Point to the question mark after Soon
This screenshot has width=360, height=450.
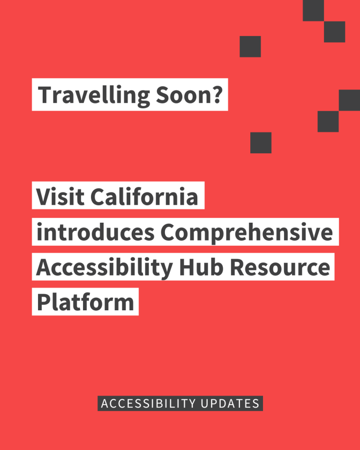click(x=216, y=95)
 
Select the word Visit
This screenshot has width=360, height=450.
click(x=60, y=196)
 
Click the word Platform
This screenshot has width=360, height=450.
click(x=85, y=302)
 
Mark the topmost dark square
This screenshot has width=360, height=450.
click(x=313, y=10)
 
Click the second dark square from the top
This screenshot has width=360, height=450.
click(x=334, y=31)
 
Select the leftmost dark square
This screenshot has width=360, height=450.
click(x=250, y=46)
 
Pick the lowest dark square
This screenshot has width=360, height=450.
click(x=261, y=142)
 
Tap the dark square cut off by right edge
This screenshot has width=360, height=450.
click(x=350, y=100)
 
